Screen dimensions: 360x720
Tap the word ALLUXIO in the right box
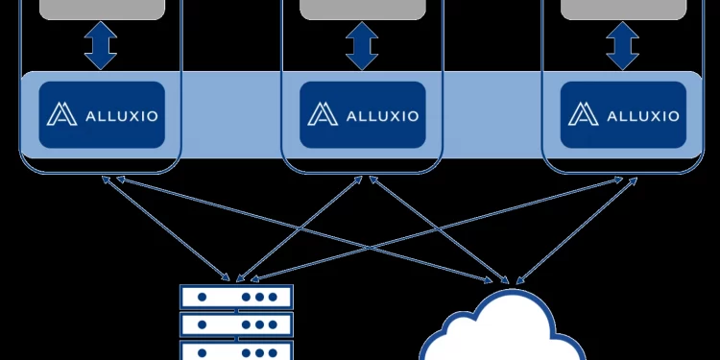pyautogui.click(x=644, y=116)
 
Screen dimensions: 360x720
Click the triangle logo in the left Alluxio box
pyautogui.click(x=62, y=115)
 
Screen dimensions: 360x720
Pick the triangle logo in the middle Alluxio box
pyautogui.click(x=323, y=115)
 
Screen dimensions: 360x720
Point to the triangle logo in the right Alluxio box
pyautogui.click(x=583, y=115)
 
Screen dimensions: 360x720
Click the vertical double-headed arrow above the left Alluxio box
pyautogui.click(x=100, y=46)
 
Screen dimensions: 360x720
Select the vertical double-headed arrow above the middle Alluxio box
pyautogui.click(x=361, y=46)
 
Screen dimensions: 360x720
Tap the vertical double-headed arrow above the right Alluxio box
pyautogui.click(x=622, y=46)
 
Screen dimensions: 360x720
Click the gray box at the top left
pyautogui.click(x=100, y=9)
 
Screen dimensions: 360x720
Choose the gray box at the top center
pyautogui.click(x=361, y=9)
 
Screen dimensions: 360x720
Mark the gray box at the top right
pyautogui.click(x=622, y=9)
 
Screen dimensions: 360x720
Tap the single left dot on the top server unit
pyautogui.click(x=202, y=298)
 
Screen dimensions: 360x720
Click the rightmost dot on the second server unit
pyautogui.click(x=274, y=324)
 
